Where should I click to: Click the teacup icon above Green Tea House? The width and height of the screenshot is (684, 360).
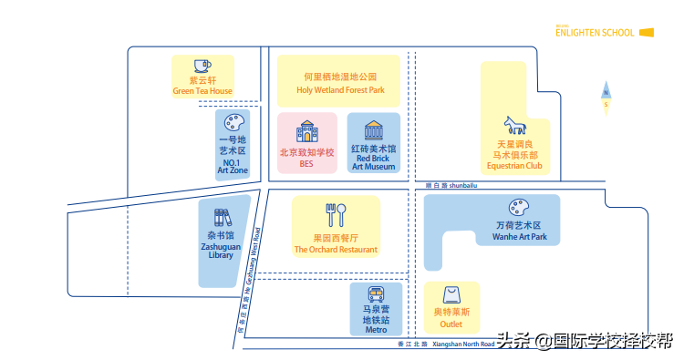tap(202, 66)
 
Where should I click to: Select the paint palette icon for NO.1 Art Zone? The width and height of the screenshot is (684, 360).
tap(233, 122)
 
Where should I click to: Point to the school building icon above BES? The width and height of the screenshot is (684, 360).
tap(306, 129)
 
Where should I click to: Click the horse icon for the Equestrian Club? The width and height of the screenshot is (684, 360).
tap(513, 125)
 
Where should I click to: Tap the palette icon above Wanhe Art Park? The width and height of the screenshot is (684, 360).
tap(519, 208)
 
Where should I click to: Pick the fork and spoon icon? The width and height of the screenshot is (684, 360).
tap(335, 214)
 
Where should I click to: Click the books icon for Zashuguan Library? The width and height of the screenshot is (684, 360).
tap(222, 218)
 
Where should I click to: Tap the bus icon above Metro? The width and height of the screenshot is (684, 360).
tap(376, 294)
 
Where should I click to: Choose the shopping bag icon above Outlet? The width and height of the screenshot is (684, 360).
tap(451, 295)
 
